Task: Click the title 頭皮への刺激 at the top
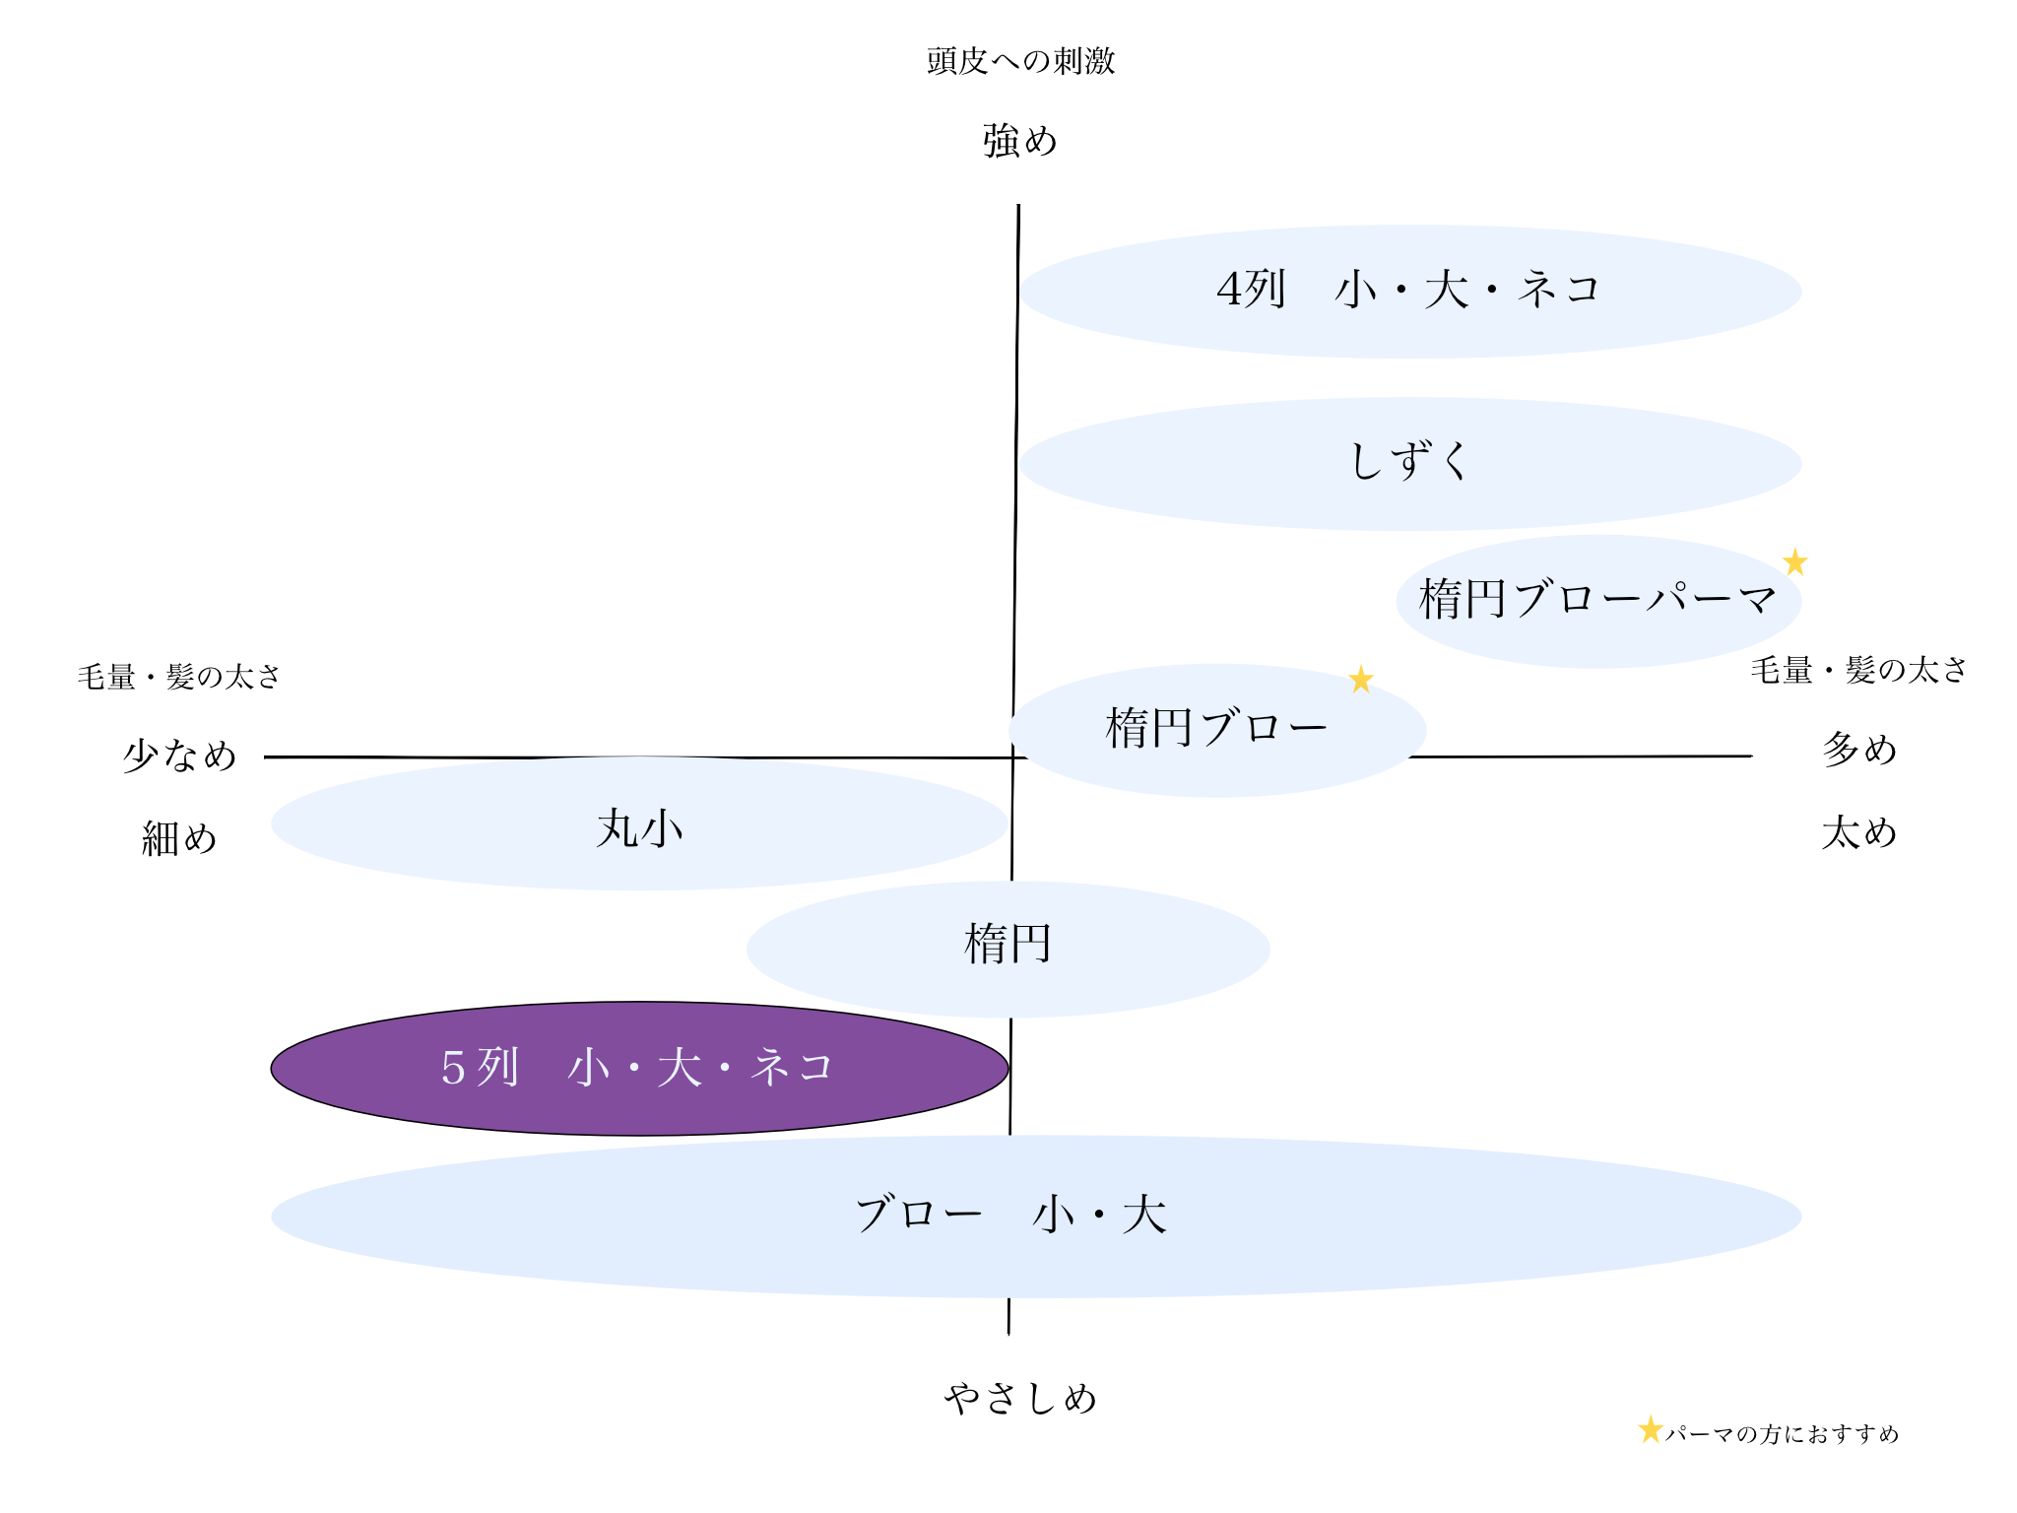pos(1020,61)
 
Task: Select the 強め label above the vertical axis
pos(1020,141)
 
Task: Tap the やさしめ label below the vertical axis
pos(1020,1398)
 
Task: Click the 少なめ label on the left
pos(180,756)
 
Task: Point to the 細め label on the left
pos(179,839)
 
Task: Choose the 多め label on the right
pos(1859,750)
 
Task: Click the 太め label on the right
pos(1859,833)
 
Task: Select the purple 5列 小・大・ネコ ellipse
pos(638,1069)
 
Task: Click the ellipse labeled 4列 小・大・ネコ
pos(1410,292)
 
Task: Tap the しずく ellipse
pos(1410,463)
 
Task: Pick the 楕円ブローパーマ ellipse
pos(1597,601)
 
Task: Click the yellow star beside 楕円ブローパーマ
pos(1795,562)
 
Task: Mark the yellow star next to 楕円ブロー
pos(1361,679)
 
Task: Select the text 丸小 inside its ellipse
pos(639,828)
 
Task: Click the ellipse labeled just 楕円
pos(1008,948)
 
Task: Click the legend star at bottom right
pos(1651,1429)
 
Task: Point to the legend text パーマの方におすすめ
pos(1783,1434)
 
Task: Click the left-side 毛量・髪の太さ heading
pos(179,677)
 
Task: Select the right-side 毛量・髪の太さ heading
pos(1858,671)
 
